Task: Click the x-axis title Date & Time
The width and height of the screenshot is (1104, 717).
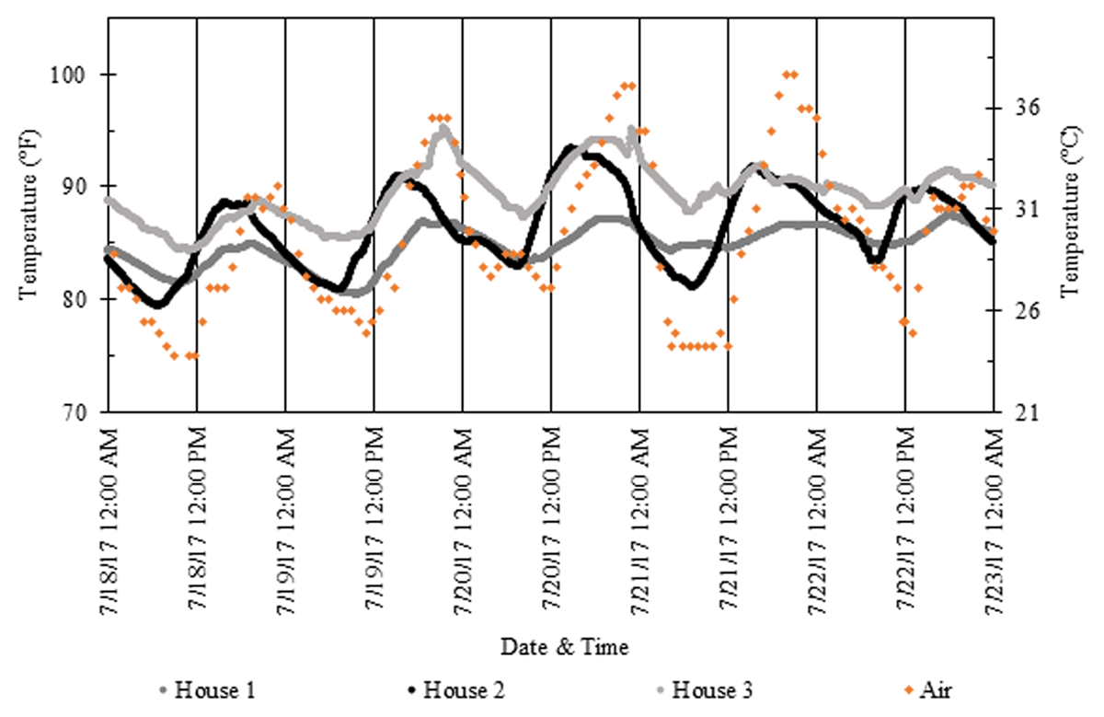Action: click(x=564, y=647)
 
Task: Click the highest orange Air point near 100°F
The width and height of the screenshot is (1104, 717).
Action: click(x=789, y=75)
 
